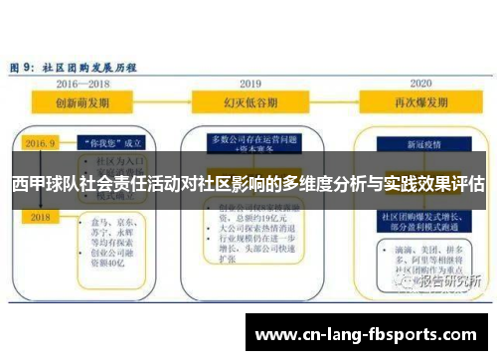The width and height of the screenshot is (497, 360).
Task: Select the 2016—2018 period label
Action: (83, 85)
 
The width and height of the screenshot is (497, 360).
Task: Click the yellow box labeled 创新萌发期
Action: (83, 101)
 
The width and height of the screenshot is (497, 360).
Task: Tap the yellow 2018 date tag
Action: (41, 216)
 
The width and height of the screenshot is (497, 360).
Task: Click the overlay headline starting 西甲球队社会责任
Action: (248, 184)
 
